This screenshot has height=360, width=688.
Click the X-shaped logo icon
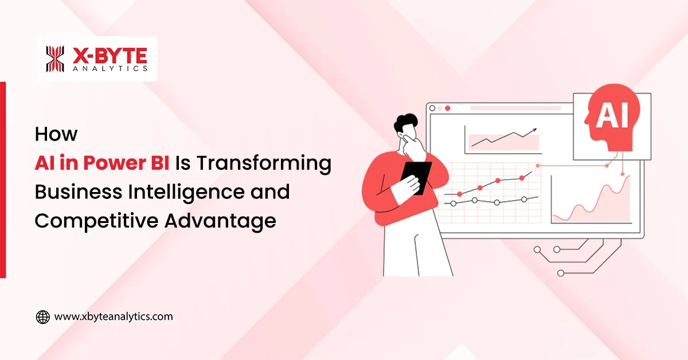[x=55, y=59]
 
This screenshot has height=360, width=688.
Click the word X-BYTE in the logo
[x=109, y=55]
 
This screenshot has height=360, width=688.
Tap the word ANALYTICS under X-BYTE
[x=109, y=69]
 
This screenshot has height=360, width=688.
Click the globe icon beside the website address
[x=43, y=316]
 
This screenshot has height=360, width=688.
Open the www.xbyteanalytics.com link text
[x=113, y=316]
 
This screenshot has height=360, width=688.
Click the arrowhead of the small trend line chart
[x=535, y=130]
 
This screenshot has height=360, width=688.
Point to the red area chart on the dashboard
[x=591, y=204]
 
